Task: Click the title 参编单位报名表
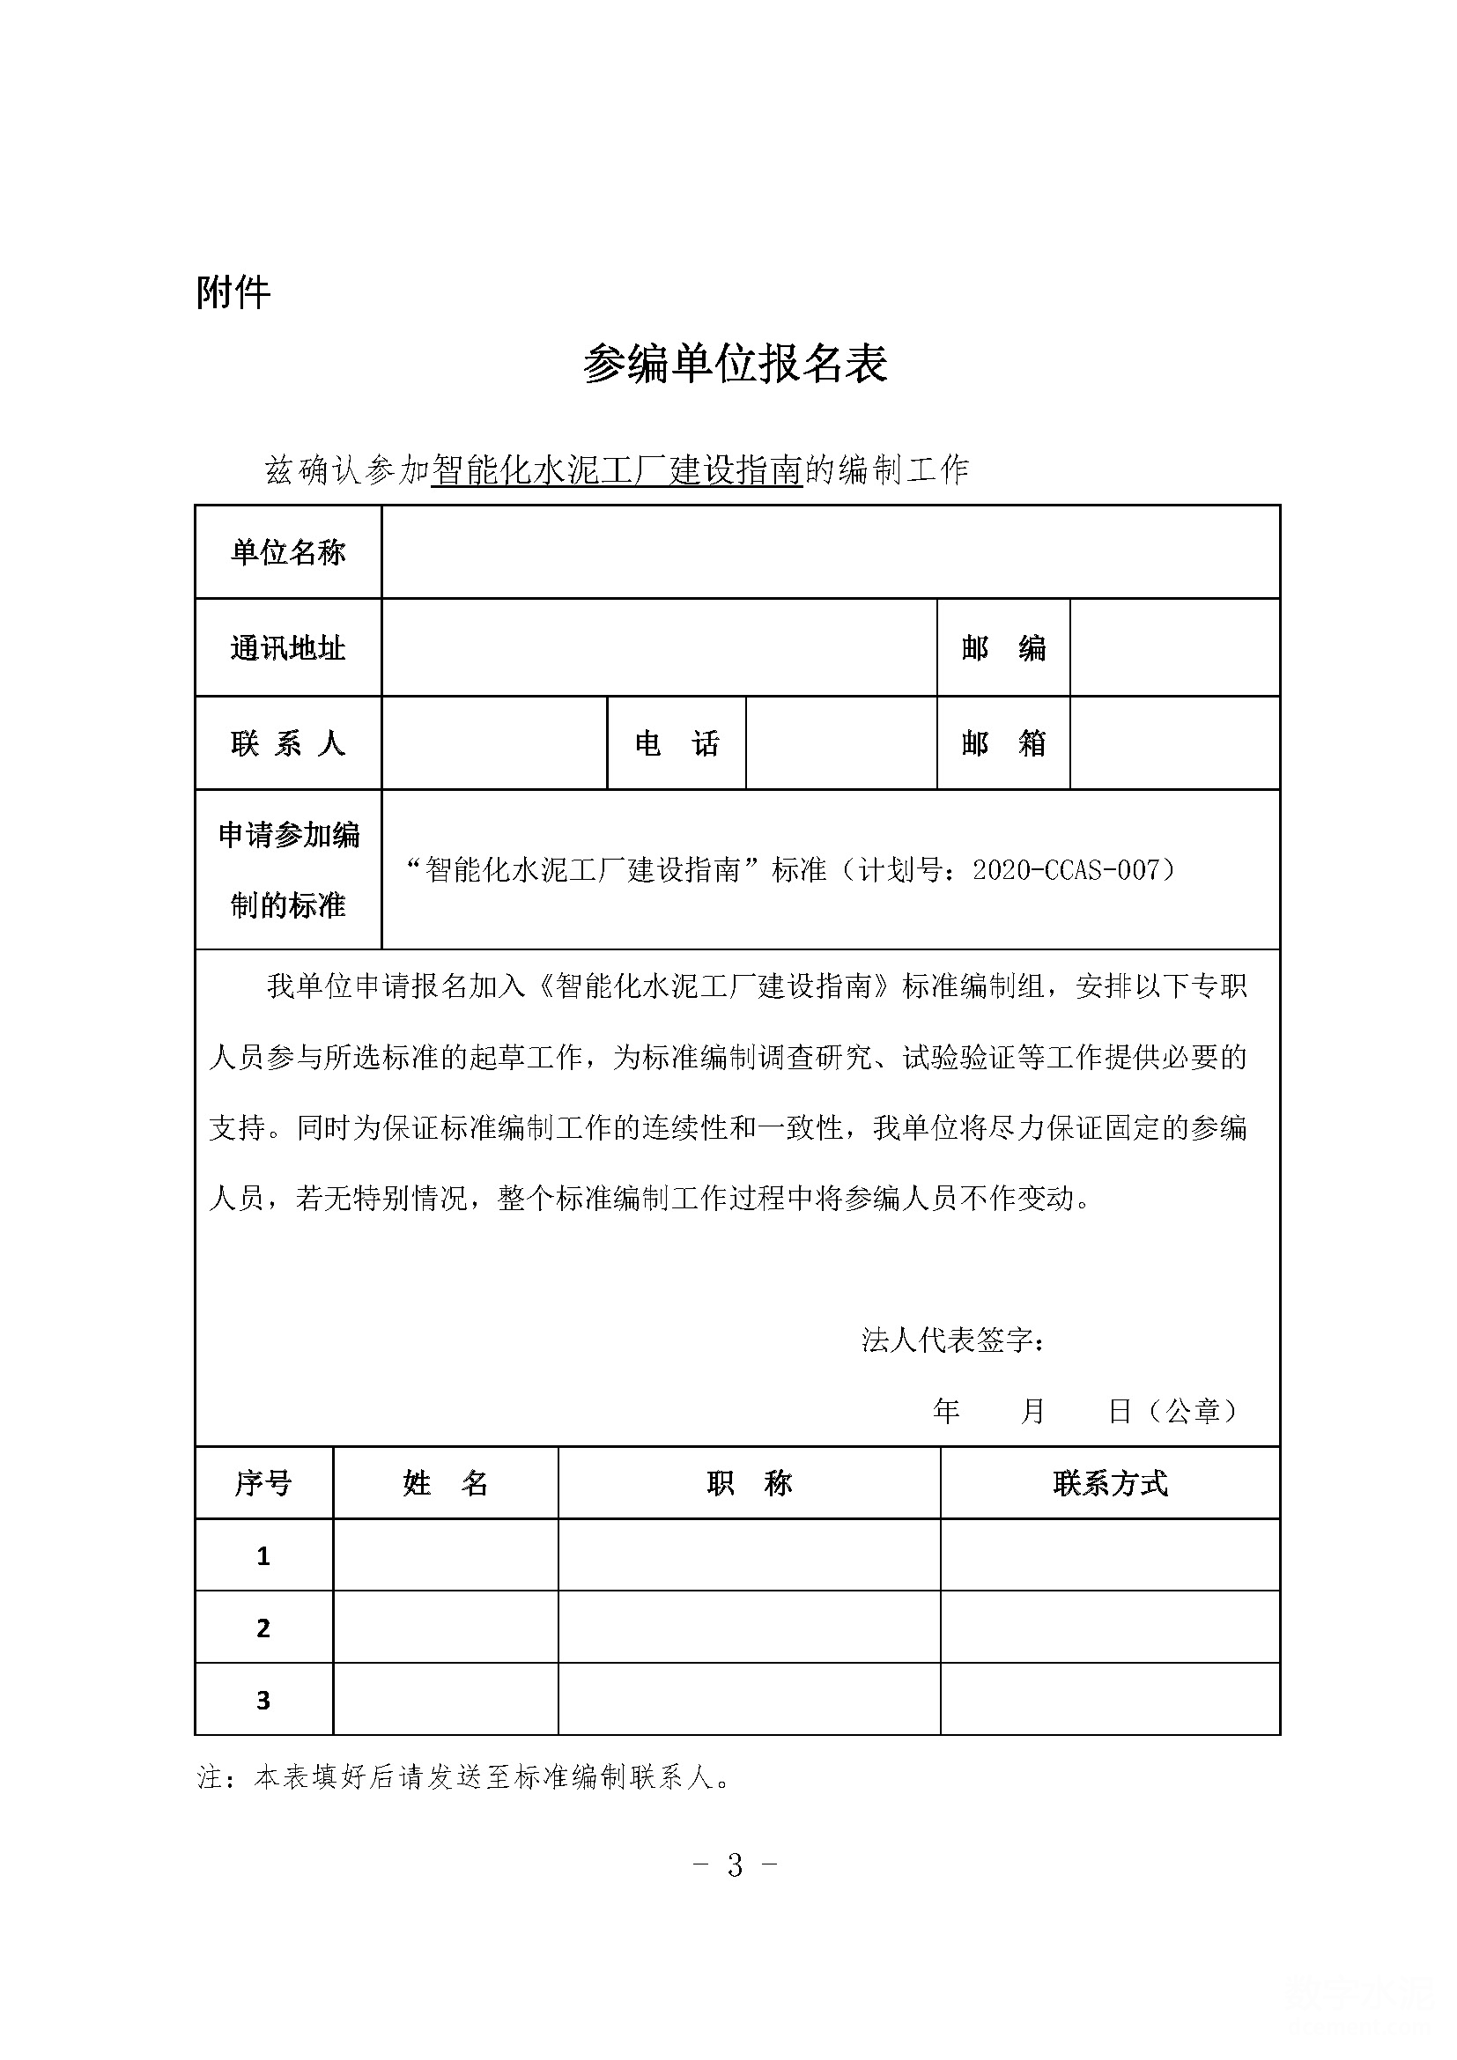tap(735, 364)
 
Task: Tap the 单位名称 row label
tap(288, 552)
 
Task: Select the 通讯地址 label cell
tap(288, 648)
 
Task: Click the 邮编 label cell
tap(1003, 648)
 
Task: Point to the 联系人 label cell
tap(288, 743)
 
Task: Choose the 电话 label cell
tap(677, 743)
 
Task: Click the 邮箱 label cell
tap(1003, 743)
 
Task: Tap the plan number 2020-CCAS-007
tap(1066, 869)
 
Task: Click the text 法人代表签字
tap(951, 1340)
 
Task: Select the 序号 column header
tap(263, 1483)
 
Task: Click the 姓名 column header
tap(445, 1483)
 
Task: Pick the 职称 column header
tap(749, 1483)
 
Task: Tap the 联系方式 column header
tap(1110, 1483)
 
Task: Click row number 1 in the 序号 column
tap(263, 1555)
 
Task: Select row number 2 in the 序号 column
tap(263, 1628)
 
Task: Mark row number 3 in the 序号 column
tap(263, 1700)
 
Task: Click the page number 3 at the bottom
tap(735, 1865)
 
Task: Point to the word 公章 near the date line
tap(1193, 1411)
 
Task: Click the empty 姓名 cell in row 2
tap(445, 1628)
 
